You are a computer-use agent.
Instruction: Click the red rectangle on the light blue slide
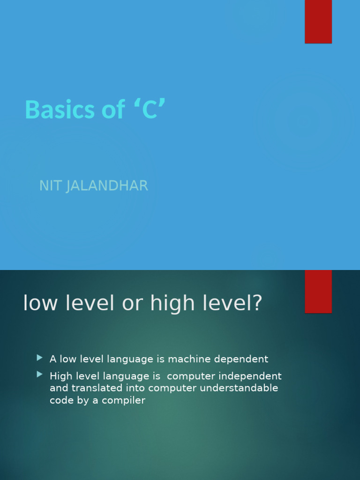click(x=318, y=22)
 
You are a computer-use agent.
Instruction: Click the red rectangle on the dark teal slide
click(x=318, y=291)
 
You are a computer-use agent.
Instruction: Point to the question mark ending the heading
click(x=257, y=303)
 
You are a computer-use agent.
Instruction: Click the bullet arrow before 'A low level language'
click(x=39, y=358)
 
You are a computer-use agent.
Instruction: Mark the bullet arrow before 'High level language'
click(x=39, y=375)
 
